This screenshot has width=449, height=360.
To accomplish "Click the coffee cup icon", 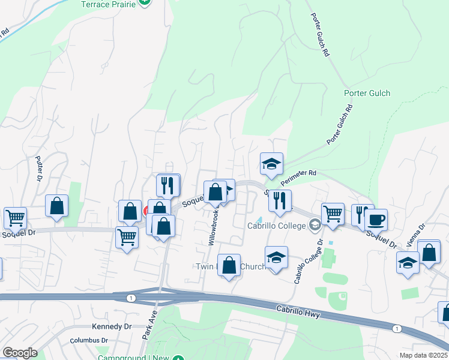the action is (x=376, y=219).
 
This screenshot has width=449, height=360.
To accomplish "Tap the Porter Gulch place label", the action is (x=367, y=93).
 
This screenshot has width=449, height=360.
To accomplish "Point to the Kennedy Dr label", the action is (x=111, y=326).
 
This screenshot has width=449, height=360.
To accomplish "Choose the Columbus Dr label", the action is (x=88, y=340).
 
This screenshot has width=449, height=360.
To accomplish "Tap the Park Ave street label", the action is (x=149, y=325).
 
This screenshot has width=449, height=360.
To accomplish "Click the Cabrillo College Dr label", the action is (x=308, y=262).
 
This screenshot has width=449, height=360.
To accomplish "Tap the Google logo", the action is (x=20, y=353).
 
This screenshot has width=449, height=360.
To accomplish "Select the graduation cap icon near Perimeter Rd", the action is (x=271, y=163).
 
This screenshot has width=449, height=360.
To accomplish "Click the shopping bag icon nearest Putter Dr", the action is (x=56, y=206).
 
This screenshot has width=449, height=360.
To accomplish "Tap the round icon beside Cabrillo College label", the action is (x=314, y=226).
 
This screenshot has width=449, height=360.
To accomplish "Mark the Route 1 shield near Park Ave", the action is (x=131, y=298).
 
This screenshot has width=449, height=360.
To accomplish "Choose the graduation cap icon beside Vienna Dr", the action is (x=408, y=262).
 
